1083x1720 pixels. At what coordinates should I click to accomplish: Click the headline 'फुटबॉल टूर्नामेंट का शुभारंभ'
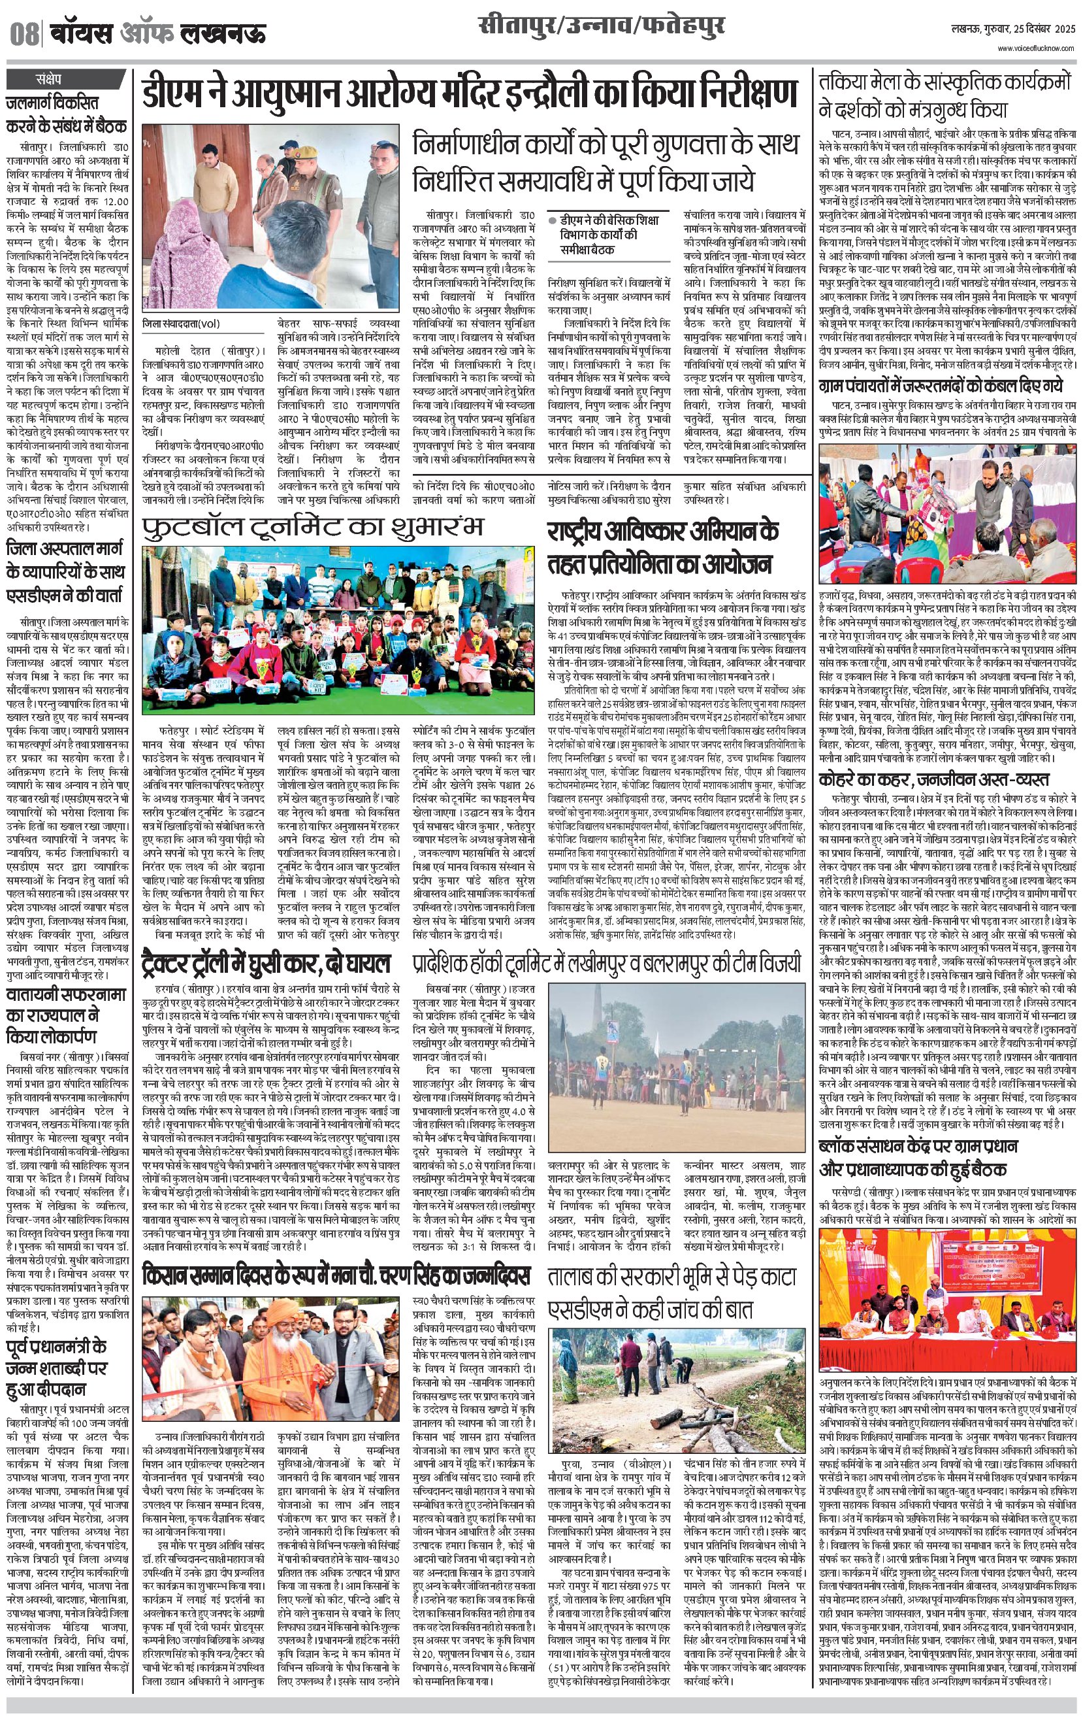(x=313, y=527)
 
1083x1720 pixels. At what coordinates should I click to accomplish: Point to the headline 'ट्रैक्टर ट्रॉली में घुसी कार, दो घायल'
(x=266, y=963)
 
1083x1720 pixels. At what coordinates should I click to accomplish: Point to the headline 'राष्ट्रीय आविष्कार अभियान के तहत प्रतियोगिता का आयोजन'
(x=662, y=547)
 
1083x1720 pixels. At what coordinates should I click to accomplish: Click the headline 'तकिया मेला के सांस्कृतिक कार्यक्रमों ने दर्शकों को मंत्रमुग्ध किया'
(x=946, y=95)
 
